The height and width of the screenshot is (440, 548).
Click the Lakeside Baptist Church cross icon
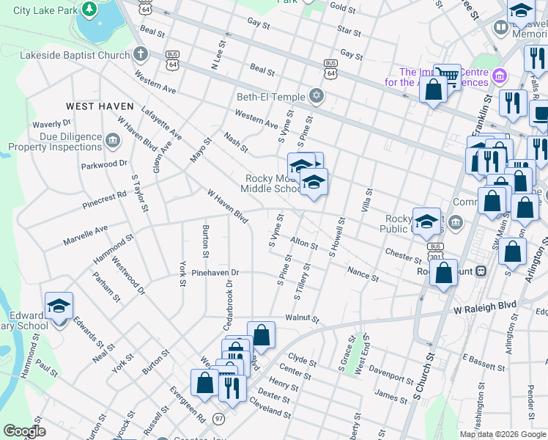coord(139,55)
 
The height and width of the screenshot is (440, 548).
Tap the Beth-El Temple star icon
coord(316,96)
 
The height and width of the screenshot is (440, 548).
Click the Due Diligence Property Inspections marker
coord(112,140)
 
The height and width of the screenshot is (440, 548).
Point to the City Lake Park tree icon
coord(89,10)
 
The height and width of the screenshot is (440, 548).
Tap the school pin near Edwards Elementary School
coord(59,306)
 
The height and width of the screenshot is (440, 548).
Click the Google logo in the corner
coord(23,431)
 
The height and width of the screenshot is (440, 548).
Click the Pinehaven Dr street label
coord(215,272)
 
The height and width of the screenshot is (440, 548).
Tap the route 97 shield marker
coord(219,418)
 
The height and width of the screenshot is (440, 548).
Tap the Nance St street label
coord(363,274)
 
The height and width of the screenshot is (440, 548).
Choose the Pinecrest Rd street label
coord(105,196)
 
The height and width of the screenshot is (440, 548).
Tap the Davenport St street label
coord(391,373)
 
